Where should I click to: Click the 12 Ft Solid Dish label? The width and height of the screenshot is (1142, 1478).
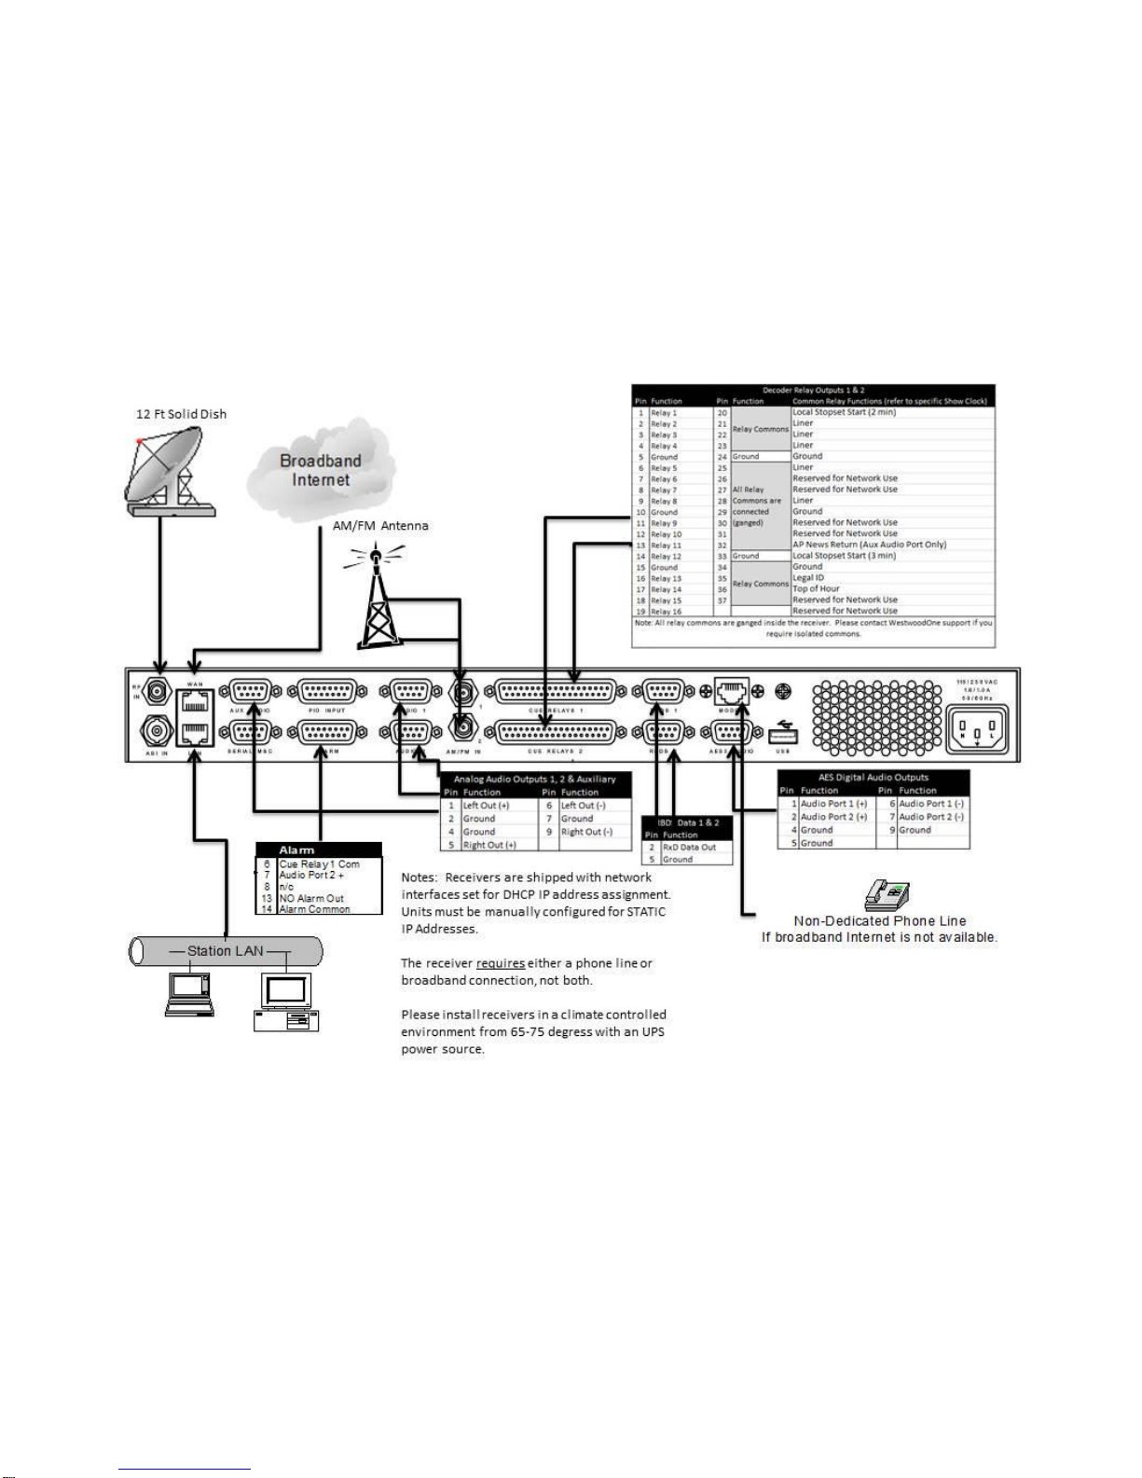pos(181,414)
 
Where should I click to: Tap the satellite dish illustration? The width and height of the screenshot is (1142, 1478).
pos(170,471)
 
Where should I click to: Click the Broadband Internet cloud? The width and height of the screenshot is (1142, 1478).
pos(321,470)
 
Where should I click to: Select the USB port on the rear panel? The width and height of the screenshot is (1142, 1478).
pos(782,735)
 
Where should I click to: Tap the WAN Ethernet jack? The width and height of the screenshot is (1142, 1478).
pos(195,702)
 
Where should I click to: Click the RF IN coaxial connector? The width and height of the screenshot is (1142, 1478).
pos(157,693)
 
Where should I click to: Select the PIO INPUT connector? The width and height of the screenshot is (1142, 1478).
pos(326,692)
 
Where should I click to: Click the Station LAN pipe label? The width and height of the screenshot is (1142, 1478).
pos(225,951)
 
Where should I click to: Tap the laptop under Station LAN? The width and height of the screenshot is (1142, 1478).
pos(189,993)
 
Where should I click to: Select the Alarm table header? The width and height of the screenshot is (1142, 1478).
pos(319,850)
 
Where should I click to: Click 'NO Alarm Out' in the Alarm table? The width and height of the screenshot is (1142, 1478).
pos(311,898)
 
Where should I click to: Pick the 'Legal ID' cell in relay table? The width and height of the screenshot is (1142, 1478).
pos(808,578)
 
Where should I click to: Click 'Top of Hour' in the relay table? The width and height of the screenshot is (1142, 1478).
pos(816,589)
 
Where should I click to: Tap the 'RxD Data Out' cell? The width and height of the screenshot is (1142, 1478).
pos(689,848)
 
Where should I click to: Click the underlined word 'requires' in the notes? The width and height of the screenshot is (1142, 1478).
pos(500,963)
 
